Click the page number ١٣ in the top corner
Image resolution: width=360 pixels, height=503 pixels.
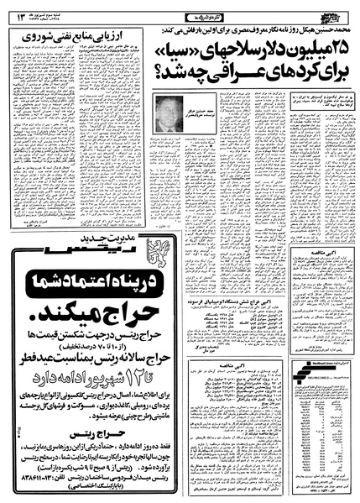(x=15, y=11)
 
